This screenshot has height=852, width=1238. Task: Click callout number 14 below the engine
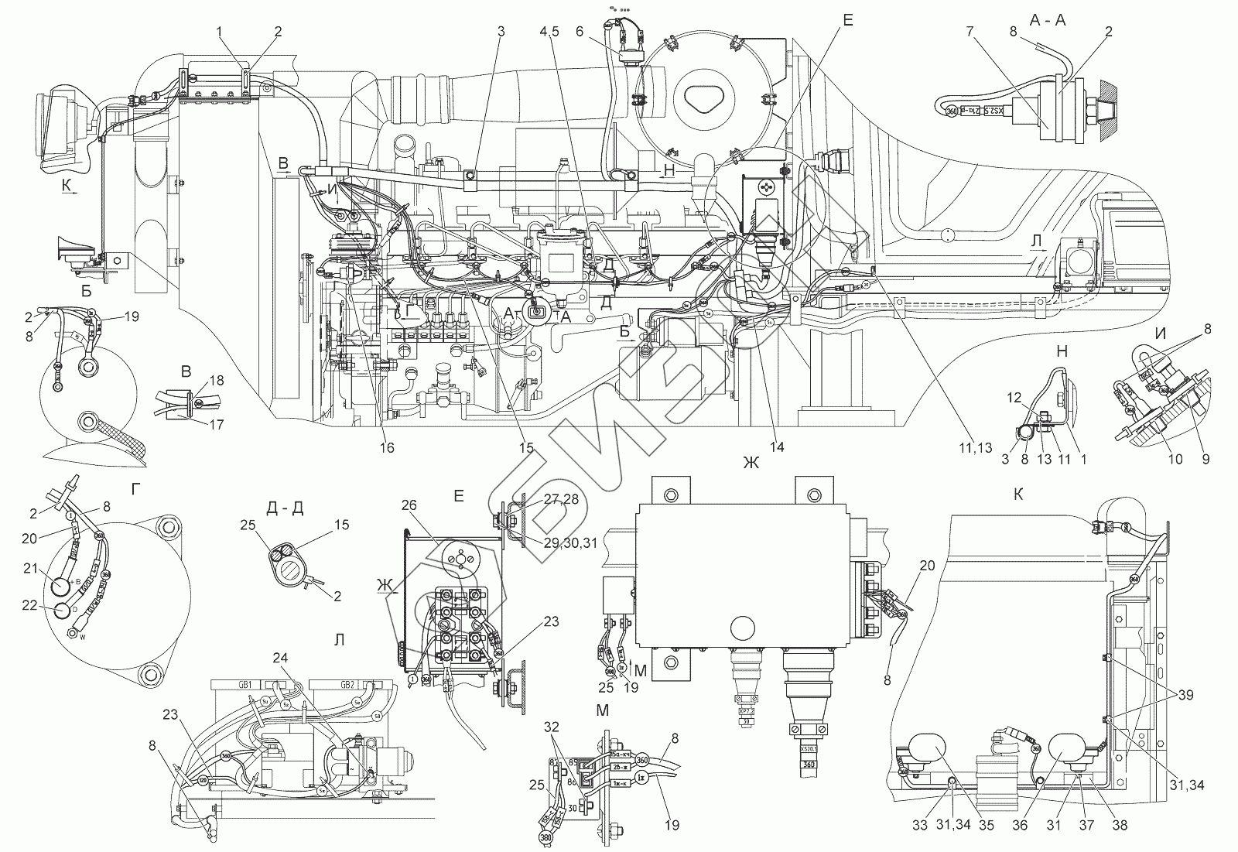pos(777,447)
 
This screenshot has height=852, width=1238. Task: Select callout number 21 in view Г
pos(31,570)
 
